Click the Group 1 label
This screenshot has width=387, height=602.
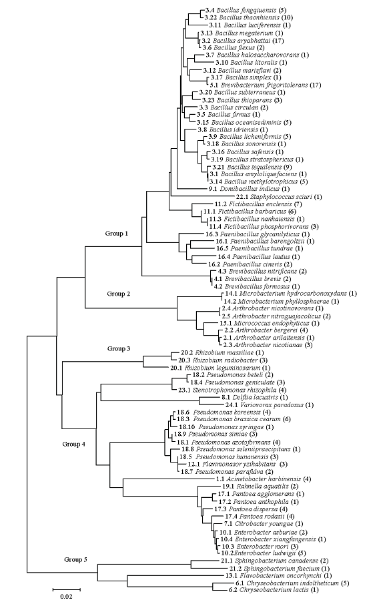pos(117,234)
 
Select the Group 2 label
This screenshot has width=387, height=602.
pos(119,294)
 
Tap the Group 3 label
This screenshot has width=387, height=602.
pos(119,348)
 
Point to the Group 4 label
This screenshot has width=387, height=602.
pos(73,444)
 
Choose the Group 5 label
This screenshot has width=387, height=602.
pos(75,559)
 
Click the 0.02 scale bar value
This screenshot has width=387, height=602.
pos(66,596)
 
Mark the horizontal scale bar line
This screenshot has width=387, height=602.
pos(67,589)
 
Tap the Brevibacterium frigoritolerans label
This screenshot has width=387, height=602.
pos(266,85)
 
